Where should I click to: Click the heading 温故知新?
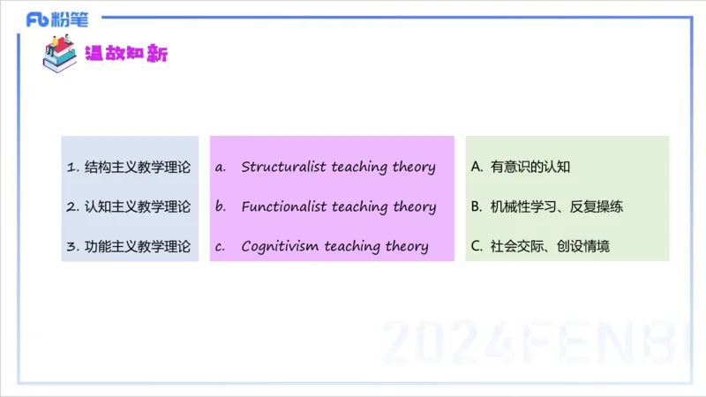(125, 54)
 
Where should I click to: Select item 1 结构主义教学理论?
(128, 167)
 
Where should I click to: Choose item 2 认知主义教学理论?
(128, 207)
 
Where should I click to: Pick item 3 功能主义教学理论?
(128, 247)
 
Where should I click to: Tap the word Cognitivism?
(279, 247)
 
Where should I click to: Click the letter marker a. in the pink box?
(221, 167)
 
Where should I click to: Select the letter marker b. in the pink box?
(221, 207)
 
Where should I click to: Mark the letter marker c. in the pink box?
(221, 247)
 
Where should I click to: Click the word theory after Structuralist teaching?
(414, 167)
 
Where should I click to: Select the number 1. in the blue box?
(72, 167)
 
